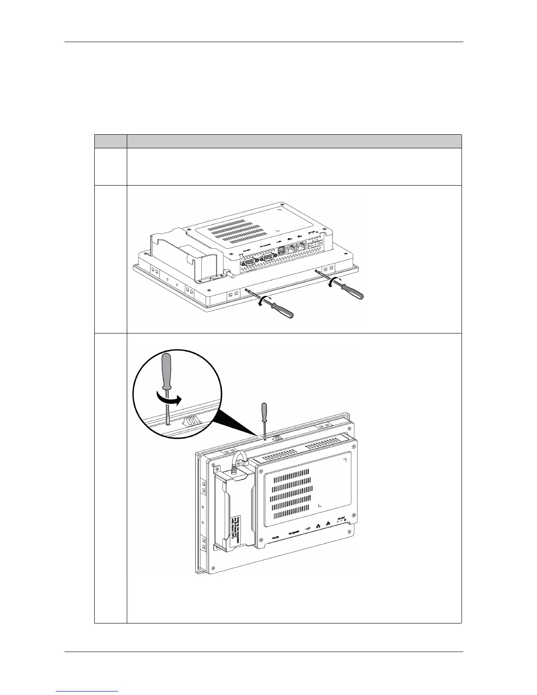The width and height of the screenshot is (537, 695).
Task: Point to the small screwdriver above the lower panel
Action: click(264, 417)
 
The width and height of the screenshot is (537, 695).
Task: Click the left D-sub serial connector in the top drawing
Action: click(247, 263)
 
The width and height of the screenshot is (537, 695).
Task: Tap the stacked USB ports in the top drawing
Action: click(282, 254)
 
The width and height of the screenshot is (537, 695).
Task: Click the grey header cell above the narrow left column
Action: click(111, 141)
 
